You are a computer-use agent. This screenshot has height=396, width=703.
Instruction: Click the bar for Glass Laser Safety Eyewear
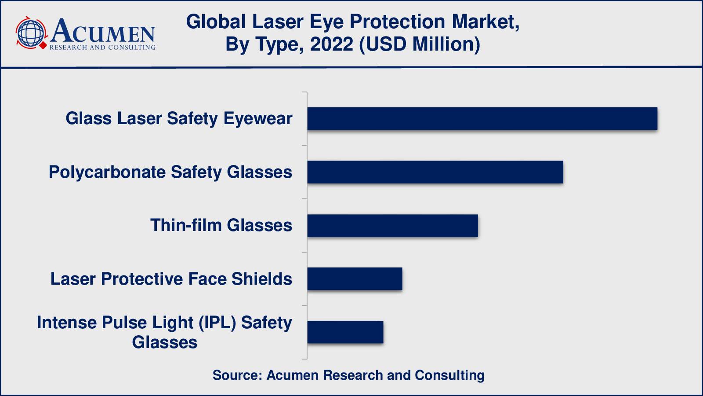pyautogui.click(x=482, y=118)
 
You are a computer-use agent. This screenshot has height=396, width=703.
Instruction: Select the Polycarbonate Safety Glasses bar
pyautogui.click(x=435, y=172)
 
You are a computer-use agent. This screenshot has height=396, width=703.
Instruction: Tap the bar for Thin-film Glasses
pyautogui.click(x=393, y=226)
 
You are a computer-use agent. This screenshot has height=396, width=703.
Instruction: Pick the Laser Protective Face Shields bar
pyautogui.click(x=355, y=279)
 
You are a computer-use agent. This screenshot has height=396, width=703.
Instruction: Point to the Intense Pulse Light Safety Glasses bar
pyautogui.click(x=345, y=332)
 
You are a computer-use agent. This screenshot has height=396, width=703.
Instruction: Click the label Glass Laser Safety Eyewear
pyautogui.click(x=179, y=119)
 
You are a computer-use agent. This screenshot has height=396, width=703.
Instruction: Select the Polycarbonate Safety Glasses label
pyautogui.click(x=170, y=172)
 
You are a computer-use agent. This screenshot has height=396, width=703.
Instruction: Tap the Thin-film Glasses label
pyautogui.click(x=221, y=225)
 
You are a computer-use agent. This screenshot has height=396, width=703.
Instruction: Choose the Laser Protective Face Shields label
pyautogui.click(x=171, y=279)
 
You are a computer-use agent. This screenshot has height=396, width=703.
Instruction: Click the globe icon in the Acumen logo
pyautogui.click(x=31, y=33)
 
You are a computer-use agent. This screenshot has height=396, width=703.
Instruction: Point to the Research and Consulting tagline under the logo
pyautogui.click(x=103, y=48)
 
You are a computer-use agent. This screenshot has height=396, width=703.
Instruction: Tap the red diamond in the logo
pyautogui.click(x=43, y=46)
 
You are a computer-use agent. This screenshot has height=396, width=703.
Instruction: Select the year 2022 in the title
pyautogui.click(x=331, y=44)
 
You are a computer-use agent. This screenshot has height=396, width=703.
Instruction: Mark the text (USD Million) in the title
pyautogui.click(x=419, y=44)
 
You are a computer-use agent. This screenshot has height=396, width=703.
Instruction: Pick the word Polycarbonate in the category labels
pyautogui.click(x=107, y=172)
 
